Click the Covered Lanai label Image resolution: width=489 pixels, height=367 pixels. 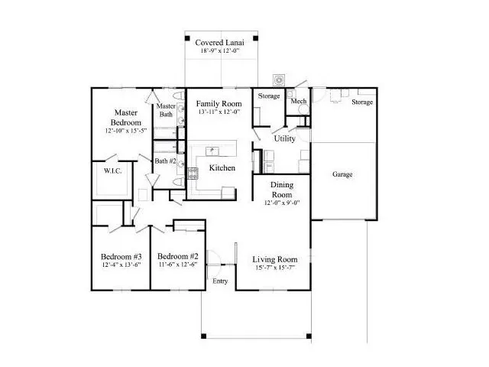[x=219, y=43]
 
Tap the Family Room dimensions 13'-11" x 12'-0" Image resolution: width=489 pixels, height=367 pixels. [x=219, y=112]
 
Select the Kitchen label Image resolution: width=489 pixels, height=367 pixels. [x=222, y=168]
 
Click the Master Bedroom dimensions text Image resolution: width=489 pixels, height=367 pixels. [x=126, y=131]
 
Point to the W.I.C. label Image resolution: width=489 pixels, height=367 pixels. [x=112, y=171]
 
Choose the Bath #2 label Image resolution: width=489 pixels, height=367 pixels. [x=165, y=161]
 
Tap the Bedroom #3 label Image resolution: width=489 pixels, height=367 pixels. [x=121, y=257]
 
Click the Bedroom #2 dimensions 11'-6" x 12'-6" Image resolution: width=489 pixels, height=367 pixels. [x=178, y=265]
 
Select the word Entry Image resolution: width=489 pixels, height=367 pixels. [x=220, y=281]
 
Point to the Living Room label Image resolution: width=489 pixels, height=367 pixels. [x=275, y=259]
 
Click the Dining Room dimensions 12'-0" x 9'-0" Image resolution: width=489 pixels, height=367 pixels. [x=282, y=203]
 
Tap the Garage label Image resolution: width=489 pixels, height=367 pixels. [x=342, y=174]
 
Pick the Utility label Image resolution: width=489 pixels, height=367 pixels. [x=284, y=138]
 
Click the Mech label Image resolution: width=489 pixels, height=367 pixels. [x=299, y=101]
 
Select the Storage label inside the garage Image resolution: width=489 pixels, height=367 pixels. [x=362, y=102]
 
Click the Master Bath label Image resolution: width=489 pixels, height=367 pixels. [x=166, y=110]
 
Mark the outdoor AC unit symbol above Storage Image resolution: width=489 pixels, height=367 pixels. [x=279, y=80]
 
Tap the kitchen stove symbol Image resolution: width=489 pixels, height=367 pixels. [x=193, y=174]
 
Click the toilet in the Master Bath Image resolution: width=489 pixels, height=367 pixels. [x=179, y=95]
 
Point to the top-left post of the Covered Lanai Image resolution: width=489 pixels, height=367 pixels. [x=187, y=38]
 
